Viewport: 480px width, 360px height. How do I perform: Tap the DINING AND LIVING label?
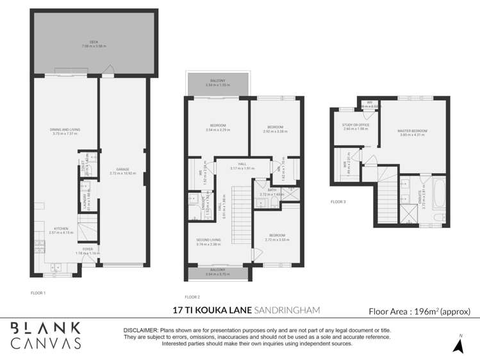(x=65, y=130)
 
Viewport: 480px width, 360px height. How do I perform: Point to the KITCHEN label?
(x=61, y=228)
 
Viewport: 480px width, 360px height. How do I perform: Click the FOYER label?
(x=88, y=249)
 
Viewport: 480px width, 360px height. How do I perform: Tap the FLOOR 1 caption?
(x=38, y=293)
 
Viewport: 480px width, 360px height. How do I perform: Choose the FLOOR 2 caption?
(x=192, y=297)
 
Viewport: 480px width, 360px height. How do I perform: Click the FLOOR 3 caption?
(x=338, y=202)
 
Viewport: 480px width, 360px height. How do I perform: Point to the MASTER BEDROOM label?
(x=413, y=131)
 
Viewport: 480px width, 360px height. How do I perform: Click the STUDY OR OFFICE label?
(x=356, y=126)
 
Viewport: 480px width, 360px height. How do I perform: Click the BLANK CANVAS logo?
(x=46, y=335)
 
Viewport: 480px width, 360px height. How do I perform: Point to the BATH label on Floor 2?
(x=271, y=191)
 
